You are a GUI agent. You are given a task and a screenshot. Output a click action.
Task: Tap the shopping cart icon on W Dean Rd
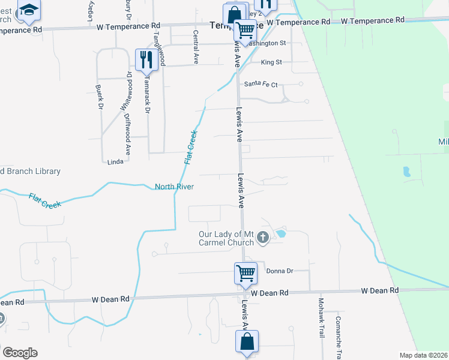(x=246, y=273)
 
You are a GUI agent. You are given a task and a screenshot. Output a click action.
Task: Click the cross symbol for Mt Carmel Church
(x=262, y=238)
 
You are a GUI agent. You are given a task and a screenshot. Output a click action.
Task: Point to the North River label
(x=174, y=187)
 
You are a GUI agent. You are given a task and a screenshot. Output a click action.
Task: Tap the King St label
(x=271, y=62)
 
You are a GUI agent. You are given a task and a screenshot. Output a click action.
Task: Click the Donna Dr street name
(x=279, y=271)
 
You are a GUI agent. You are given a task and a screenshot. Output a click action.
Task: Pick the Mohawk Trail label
(x=321, y=317)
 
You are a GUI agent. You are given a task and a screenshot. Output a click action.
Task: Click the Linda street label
(x=115, y=162)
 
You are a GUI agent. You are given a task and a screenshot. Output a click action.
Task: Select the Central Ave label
(x=196, y=47)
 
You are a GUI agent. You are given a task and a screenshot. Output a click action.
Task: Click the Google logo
(x=20, y=353)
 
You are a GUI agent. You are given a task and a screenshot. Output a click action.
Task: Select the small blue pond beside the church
(x=281, y=233)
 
